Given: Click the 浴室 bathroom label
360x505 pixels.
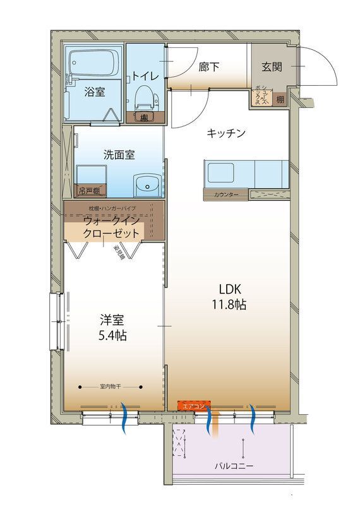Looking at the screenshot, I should [95, 92].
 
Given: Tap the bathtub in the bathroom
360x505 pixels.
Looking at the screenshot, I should [93, 64].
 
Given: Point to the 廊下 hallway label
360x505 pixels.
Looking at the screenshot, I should [209, 66].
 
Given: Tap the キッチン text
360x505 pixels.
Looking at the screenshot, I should [226, 133].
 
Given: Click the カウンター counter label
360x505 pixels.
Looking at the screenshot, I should [226, 194].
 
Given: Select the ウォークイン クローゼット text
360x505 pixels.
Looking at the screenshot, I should [114, 226].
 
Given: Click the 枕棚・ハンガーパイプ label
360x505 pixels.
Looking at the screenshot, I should [112, 208].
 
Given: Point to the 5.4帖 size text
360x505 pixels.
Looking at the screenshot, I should [113, 335].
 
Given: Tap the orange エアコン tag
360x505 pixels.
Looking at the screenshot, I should [191, 406].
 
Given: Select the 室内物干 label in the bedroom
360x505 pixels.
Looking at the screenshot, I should [112, 386].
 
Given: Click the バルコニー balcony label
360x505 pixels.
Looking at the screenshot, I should [233, 466].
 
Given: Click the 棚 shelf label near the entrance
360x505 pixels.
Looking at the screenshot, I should [280, 99].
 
